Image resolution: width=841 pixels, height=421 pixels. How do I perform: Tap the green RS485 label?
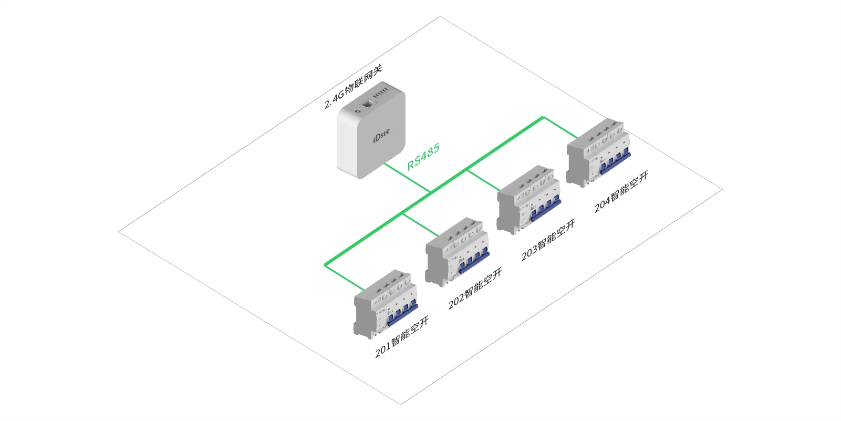coord(423,157)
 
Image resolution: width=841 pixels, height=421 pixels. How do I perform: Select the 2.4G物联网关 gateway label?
coord(353,86)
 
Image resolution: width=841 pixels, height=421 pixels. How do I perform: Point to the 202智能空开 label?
coord(475,289)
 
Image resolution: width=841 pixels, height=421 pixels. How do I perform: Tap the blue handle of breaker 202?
coord(475,261)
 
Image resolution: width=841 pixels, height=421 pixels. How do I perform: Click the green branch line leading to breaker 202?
coord(420,224)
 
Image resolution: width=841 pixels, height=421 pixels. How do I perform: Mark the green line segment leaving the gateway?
coord(407,178)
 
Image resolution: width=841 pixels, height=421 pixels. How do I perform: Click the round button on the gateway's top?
coord(357,110)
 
